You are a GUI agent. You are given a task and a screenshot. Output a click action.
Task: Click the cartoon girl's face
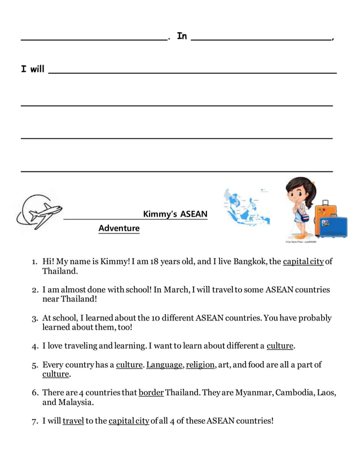(x=299, y=192)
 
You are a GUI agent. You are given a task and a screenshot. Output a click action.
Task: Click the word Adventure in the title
(x=118, y=228)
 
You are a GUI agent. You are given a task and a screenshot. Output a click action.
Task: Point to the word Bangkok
(x=249, y=261)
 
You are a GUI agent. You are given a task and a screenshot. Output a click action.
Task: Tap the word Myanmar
(x=256, y=393)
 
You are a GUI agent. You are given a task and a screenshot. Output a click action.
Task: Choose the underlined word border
(x=151, y=393)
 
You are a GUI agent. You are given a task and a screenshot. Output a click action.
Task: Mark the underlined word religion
(x=200, y=364)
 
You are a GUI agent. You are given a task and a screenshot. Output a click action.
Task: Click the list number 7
(x=34, y=421)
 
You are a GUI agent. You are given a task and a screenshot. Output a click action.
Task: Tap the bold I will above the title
(x=32, y=69)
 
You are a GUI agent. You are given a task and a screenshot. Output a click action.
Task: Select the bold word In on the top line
(x=182, y=36)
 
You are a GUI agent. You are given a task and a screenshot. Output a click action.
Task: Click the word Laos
(x=327, y=393)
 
